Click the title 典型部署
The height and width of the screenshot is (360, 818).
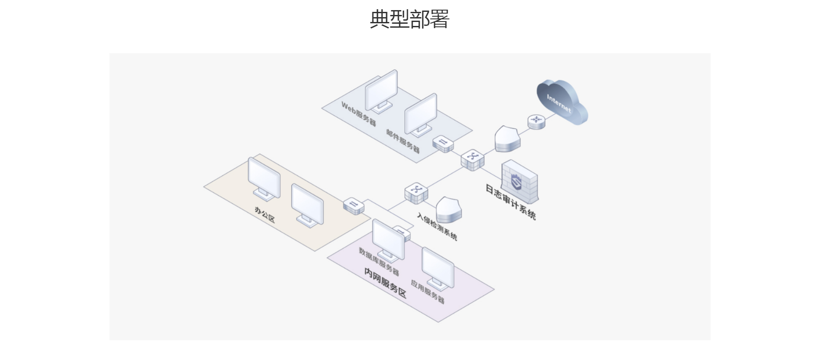pos(409,19)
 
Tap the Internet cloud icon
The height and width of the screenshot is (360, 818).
pos(561,102)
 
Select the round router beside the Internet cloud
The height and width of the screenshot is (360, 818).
pos(536,121)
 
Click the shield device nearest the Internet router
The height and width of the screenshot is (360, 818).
pos(508,138)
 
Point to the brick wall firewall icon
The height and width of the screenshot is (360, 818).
pos(520,181)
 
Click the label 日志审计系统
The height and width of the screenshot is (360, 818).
pos(510,202)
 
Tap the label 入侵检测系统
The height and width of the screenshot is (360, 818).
pos(437,227)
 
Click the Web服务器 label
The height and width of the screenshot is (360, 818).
pos(359,113)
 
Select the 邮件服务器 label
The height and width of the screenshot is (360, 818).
pos(403,141)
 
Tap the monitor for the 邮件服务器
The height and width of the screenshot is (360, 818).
pos(420,114)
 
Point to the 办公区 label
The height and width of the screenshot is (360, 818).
pos(265,214)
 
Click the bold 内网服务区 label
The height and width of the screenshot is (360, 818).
pos(385,282)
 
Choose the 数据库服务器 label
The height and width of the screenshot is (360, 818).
pos(379,261)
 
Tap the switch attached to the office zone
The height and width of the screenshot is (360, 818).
pos(354,205)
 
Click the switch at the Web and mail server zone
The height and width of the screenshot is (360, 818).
pos(443,143)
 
